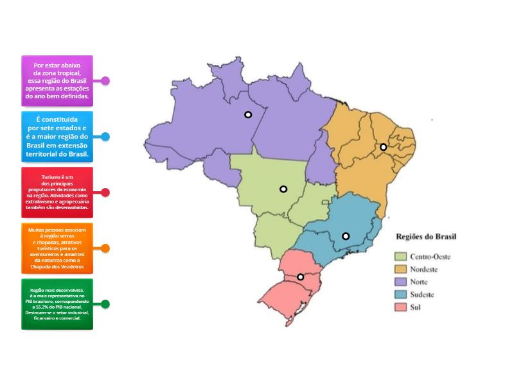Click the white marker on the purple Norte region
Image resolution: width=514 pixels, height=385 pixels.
(247, 115)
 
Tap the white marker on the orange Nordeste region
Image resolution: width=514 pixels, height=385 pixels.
(384, 147)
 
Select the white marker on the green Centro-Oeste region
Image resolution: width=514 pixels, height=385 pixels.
(283, 189)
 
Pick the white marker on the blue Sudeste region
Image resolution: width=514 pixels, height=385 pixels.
(346, 236)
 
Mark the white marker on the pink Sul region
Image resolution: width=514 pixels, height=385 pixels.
(300, 277)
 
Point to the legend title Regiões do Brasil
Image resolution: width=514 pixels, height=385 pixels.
(426, 236)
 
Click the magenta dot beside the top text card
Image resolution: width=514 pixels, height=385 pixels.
(105, 81)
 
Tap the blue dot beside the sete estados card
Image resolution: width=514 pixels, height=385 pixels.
(105, 137)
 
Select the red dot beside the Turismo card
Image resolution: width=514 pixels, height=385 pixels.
(105, 193)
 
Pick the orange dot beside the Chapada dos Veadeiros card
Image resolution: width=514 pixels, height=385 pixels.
(105, 248)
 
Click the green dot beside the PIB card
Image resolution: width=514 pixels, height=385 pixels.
(105, 304)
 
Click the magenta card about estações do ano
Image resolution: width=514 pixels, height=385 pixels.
(57, 81)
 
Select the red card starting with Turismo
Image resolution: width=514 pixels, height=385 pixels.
(57, 193)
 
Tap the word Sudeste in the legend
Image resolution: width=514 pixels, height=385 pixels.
(422, 295)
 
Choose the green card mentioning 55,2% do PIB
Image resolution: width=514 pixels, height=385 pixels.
(57, 304)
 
